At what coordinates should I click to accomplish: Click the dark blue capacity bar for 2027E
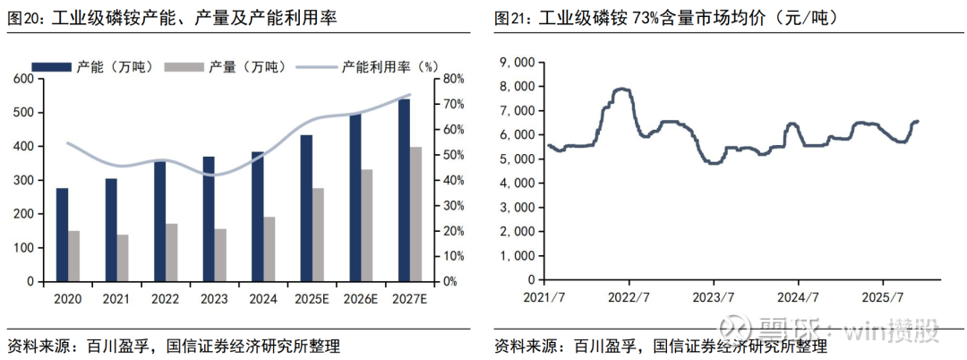(404, 190)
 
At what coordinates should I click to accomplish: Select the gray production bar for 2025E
(318, 235)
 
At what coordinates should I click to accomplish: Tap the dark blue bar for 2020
(62, 235)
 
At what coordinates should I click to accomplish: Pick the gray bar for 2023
(220, 255)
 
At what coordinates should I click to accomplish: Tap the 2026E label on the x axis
(361, 296)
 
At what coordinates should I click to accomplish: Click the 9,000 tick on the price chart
(518, 62)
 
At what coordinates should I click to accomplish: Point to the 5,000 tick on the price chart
(518, 159)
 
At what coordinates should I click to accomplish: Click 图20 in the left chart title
(22, 17)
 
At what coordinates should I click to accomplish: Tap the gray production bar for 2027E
(415, 214)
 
